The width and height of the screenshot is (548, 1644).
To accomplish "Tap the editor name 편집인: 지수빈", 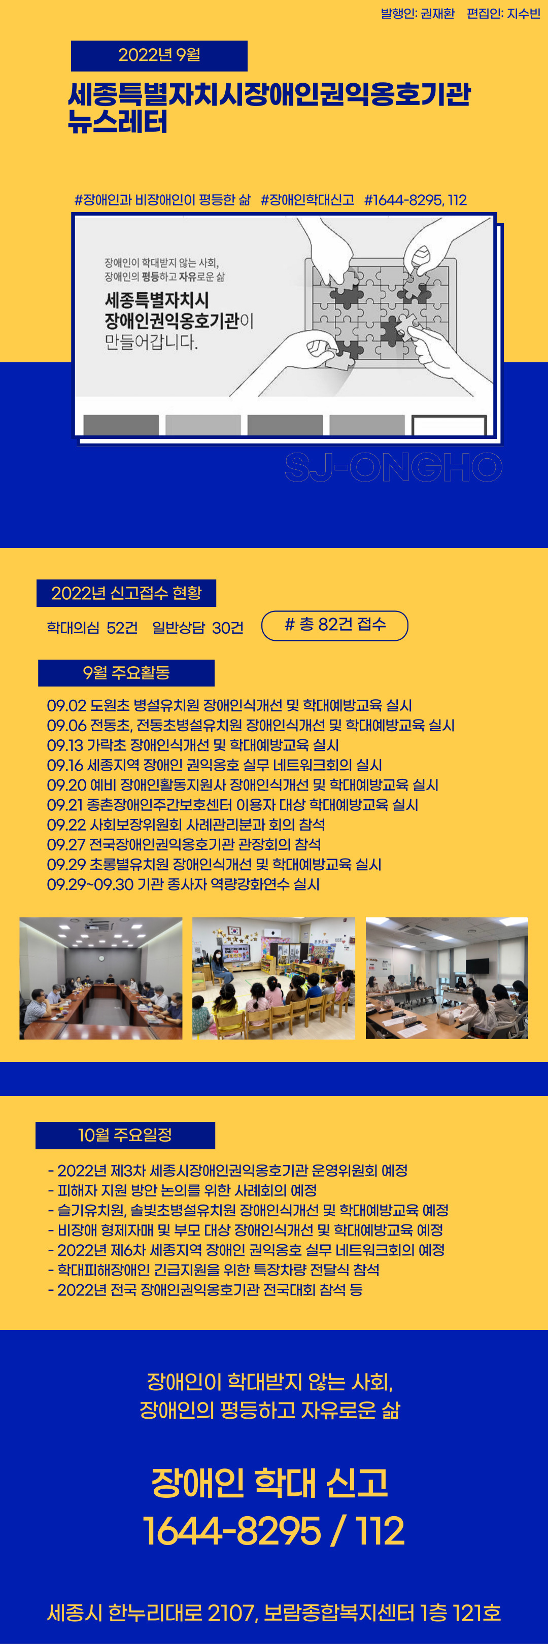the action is [503, 13].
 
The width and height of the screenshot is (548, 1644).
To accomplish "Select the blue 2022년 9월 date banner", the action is [159, 55].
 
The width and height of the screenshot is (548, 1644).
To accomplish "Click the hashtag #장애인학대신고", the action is [307, 200].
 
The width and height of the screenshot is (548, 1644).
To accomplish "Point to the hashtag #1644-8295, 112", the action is [415, 200].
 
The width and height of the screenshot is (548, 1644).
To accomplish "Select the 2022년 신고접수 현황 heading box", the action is [126, 593].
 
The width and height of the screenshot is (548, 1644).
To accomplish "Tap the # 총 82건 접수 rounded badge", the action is [335, 626].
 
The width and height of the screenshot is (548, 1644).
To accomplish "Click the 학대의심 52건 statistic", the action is [92, 627].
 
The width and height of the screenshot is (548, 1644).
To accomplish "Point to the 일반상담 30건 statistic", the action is [198, 627].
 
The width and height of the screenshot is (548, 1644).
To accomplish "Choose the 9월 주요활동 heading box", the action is [126, 673].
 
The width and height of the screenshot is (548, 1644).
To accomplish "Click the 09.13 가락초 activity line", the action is [193, 745].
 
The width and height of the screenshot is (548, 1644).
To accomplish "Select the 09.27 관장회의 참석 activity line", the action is [184, 844].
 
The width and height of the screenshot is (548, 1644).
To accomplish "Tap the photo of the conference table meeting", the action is [101, 978].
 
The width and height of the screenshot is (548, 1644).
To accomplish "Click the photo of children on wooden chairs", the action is [273, 978].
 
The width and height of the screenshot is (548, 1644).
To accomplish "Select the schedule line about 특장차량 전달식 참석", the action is [214, 1270].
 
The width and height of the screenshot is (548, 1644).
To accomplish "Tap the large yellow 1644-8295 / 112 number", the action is [273, 1531].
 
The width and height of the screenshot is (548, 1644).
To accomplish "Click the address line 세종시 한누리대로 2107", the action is [273, 1613].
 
